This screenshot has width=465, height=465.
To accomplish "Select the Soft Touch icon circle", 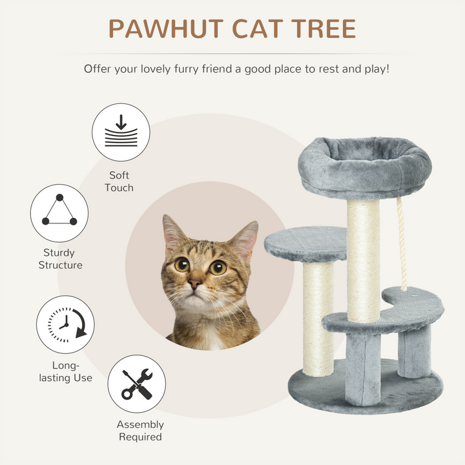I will pos(121,132).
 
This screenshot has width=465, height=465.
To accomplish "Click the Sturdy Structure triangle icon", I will pos(59,213).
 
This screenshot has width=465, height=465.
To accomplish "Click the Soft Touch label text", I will pos(120,181).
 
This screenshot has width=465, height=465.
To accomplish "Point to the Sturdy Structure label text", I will pos(60,259).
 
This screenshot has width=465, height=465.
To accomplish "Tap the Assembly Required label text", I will pos(140,431).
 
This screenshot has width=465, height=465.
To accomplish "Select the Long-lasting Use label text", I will pos(65,372).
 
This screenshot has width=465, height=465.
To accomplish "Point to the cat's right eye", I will pos(218,267).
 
